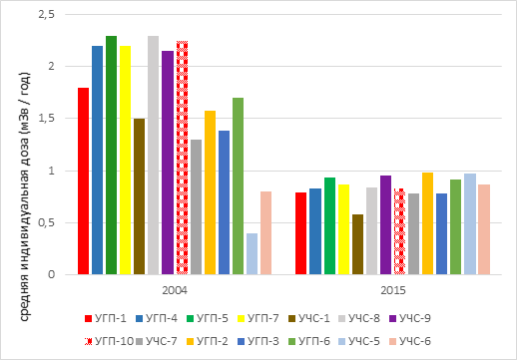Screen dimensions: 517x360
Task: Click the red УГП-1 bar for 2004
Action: (83, 181)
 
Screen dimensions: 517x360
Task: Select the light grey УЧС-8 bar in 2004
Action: (154, 156)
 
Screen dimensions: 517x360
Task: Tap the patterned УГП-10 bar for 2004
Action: (182, 158)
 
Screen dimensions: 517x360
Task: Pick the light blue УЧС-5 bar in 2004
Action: (252, 254)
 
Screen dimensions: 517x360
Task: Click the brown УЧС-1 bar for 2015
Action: (357, 244)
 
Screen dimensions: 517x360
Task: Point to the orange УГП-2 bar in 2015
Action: (427, 223)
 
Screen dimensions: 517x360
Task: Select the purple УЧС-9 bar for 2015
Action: (385, 225)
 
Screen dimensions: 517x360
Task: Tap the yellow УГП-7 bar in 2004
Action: (125, 161)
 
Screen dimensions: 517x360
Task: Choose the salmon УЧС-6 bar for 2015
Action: (484, 229)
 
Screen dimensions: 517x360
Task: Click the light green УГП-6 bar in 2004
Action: (238, 186)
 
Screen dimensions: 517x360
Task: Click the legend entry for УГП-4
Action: (157, 318)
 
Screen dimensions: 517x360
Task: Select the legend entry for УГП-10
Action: (109, 341)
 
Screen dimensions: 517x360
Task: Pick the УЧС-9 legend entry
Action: (410, 318)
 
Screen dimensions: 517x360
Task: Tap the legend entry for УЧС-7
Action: (157, 341)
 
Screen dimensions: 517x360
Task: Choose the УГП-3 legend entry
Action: (258, 341)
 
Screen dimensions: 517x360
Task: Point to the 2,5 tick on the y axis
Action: (47, 15)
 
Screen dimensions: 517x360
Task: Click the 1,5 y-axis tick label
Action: (47, 119)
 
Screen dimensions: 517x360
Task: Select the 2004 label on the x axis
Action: (175, 290)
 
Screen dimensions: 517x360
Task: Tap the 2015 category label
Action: (393, 290)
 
